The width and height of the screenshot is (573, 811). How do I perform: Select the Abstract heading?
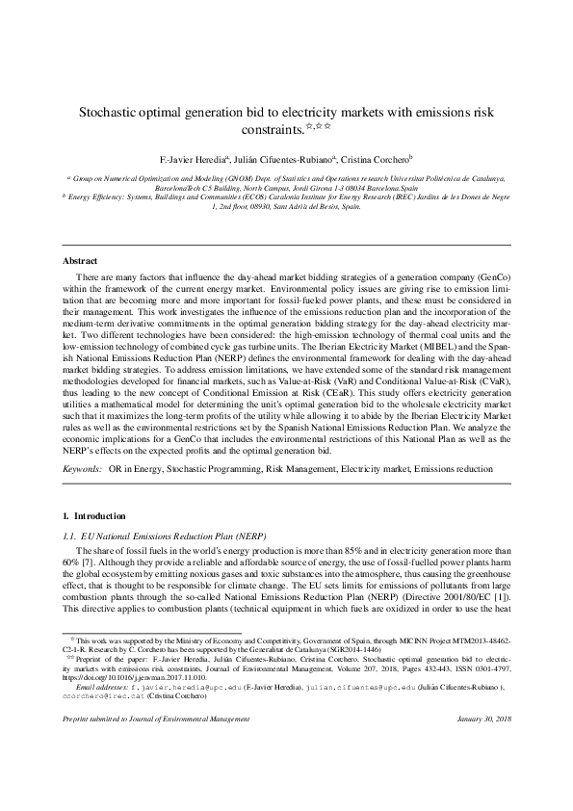point(79,261)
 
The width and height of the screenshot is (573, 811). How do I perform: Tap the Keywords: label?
point(82,468)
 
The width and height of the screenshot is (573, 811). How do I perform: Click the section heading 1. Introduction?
point(93,516)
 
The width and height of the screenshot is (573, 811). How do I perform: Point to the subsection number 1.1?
point(69,535)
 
